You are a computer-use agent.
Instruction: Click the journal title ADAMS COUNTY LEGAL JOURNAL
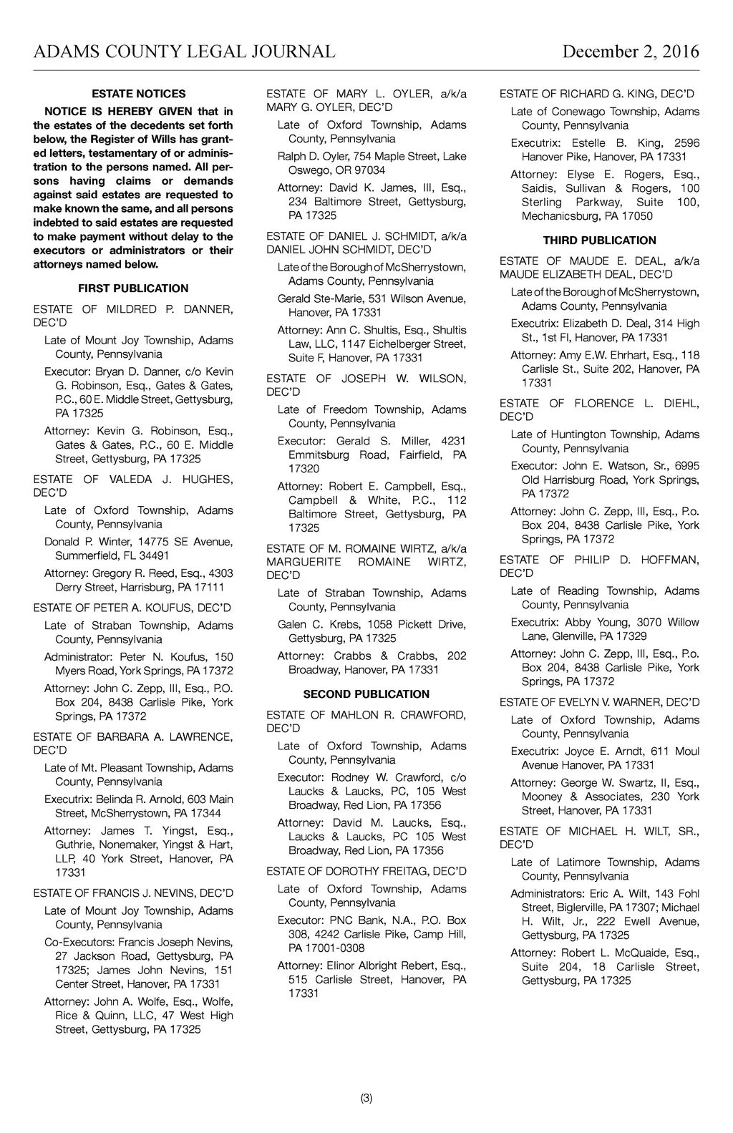pyautogui.click(x=184, y=52)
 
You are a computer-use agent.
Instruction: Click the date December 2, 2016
pyautogui.click(x=631, y=52)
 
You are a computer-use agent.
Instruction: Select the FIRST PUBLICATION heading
pyautogui.click(x=133, y=288)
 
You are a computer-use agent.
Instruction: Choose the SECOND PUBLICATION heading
pyautogui.click(x=366, y=694)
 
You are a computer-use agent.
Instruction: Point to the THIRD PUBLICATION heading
pyautogui.click(x=599, y=240)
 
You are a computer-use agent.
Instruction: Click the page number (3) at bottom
pyautogui.click(x=366, y=1099)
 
